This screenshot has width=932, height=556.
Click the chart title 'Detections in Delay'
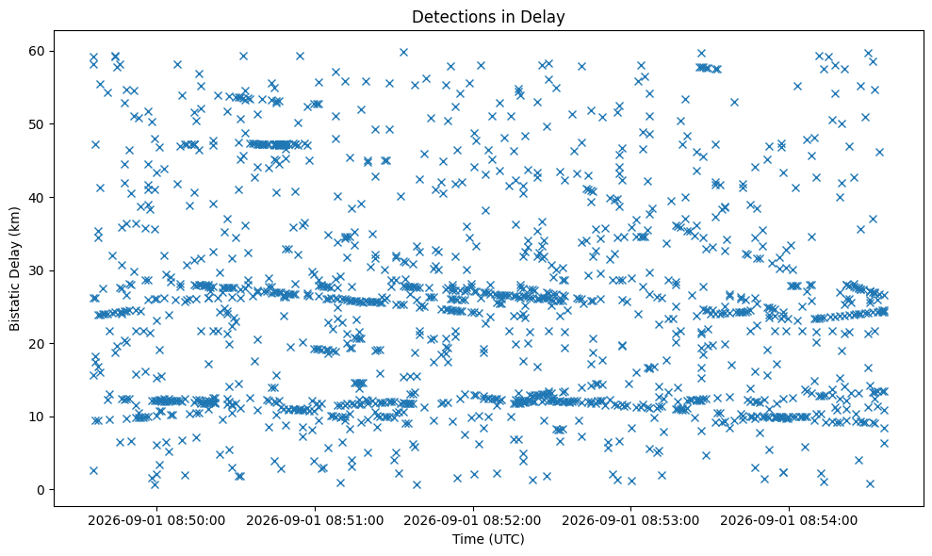tap(488, 17)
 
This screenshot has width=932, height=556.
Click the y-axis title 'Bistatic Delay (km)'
tap(15, 270)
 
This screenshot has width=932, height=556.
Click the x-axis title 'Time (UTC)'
tap(488, 539)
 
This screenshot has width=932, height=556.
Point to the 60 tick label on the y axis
tap(38, 51)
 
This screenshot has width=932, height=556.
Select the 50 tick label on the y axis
tap(38, 124)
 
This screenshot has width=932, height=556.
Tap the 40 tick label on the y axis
tap(38, 197)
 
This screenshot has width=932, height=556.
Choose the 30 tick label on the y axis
tap(38, 270)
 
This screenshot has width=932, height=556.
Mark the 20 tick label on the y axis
tap(38, 344)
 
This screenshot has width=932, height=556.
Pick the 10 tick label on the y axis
tap(38, 417)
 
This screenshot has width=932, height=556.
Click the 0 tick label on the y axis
tap(42, 490)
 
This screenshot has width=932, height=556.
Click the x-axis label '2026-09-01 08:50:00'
tap(157, 521)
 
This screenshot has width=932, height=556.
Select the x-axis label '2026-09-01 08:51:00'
tap(315, 521)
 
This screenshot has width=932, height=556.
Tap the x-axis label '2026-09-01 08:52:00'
tap(473, 521)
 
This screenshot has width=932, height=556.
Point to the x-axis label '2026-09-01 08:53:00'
tap(631, 521)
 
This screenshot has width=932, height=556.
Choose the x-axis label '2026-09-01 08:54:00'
tap(790, 521)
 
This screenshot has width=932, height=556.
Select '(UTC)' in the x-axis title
tap(507, 539)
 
